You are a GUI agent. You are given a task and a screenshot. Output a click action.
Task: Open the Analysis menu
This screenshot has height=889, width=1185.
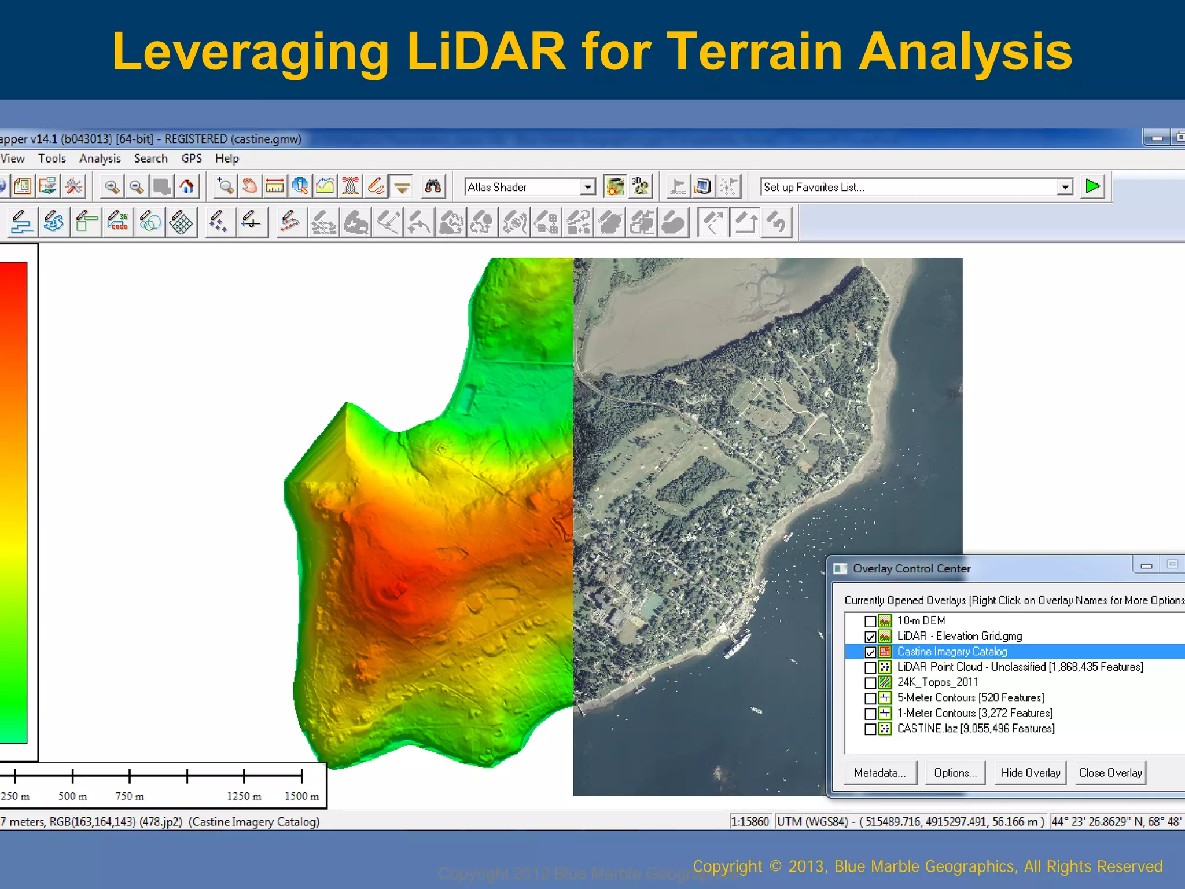click(100, 159)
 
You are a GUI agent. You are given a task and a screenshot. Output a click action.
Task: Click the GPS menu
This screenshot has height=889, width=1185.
click(192, 159)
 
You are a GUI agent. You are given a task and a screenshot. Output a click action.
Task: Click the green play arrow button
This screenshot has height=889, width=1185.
click(1092, 186)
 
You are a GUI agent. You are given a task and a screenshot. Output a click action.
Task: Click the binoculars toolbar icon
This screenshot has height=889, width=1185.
click(433, 186)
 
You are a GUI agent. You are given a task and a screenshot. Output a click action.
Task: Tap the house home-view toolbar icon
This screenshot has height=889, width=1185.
click(186, 186)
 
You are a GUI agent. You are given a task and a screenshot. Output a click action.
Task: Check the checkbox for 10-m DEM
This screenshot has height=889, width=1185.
click(870, 621)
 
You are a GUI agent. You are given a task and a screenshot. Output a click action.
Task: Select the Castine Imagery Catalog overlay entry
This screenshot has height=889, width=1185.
click(952, 652)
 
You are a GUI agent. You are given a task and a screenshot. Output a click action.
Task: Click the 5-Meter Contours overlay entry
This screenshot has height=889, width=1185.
click(970, 698)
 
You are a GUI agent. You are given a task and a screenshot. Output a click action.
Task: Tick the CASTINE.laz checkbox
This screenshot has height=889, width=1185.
click(870, 729)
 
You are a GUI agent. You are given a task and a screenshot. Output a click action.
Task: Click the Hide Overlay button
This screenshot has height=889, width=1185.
click(1030, 773)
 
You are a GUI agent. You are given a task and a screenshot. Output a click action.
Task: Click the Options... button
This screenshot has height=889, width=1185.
click(955, 773)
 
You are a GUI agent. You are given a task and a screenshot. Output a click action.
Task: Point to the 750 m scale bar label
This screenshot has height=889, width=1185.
click(130, 796)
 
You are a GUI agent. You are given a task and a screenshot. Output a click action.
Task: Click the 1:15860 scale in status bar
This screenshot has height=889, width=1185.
click(750, 821)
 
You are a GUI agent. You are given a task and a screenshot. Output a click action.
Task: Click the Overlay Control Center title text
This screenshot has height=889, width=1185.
click(911, 568)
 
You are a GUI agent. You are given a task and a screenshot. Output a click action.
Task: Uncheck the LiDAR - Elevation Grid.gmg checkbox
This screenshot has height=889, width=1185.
click(870, 637)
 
